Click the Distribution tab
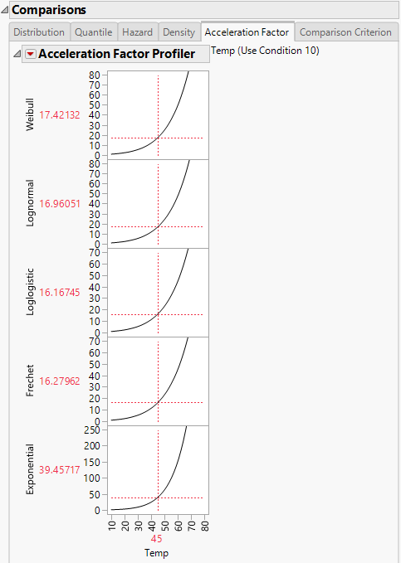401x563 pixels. pyautogui.click(x=39, y=32)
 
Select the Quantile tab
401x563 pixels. pyautogui.click(x=93, y=32)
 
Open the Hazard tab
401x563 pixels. pyautogui.click(x=137, y=32)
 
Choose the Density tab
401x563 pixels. pyautogui.click(x=179, y=32)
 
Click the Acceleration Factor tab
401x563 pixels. pyautogui.click(x=247, y=32)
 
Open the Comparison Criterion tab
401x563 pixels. pyautogui.click(x=345, y=32)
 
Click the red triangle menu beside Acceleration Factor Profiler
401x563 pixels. pyautogui.click(x=31, y=54)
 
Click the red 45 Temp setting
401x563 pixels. pyautogui.click(x=157, y=538)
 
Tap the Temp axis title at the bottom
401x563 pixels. pyautogui.click(x=157, y=551)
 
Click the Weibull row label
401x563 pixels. pyautogui.click(x=31, y=115)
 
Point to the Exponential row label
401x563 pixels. pyautogui.click(x=31, y=470)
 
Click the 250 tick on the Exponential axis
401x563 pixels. pyautogui.click(x=93, y=430)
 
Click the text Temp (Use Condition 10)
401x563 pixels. pyautogui.click(x=266, y=51)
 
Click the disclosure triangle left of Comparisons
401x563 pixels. pyautogui.click(x=5, y=9)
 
